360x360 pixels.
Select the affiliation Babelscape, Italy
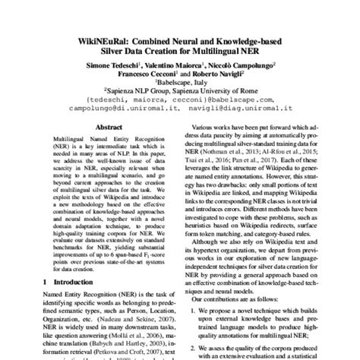(180, 88)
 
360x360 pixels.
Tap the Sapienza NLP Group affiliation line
(180, 98)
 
